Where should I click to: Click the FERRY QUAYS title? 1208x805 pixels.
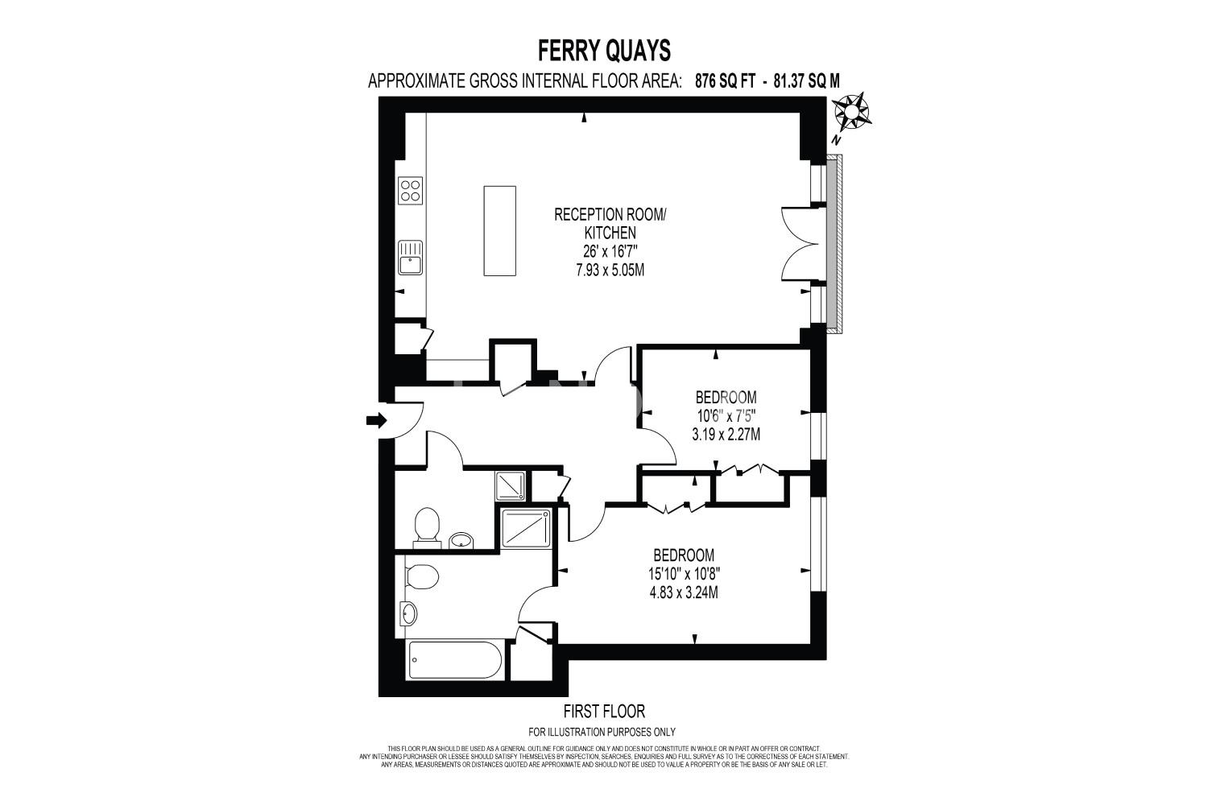pyautogui.click(x=604, y=52)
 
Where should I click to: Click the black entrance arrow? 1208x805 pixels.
pyautogui.click(x=376, y=419)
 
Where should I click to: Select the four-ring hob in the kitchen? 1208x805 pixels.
pyautogui.click(x=411, y=191)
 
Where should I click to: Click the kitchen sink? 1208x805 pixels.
pyautogui.click(x=411, y=258)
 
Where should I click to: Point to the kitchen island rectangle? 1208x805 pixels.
pyautogui.click(x=499, y=231)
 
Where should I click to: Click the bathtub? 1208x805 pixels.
pyautogui.click(x=456, y=659)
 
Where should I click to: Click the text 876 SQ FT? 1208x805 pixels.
pyautogui.click(x=725, y=80)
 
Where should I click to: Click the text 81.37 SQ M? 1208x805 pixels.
pyautogui.click(x=806, y=80)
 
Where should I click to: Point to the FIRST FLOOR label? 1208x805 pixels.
pyautogui.click(x=604, y=712)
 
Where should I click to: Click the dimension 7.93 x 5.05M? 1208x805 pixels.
pyautogui.click(x=610, y=270)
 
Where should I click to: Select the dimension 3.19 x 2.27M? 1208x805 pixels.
pyautogui.click(x=726, y=434)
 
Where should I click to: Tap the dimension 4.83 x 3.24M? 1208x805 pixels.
pyautogui.click(x=684, y=592)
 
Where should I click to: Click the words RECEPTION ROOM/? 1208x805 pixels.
pyautogui.click(x=610, y=215)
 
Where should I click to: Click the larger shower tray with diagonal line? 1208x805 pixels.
pyautogui.click(x=526, y=529)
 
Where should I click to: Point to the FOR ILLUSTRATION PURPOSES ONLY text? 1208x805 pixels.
pyautogui.click(x=602, y=733)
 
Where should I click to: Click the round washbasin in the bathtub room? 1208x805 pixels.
pyautogui.click(x=408, y=613)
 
